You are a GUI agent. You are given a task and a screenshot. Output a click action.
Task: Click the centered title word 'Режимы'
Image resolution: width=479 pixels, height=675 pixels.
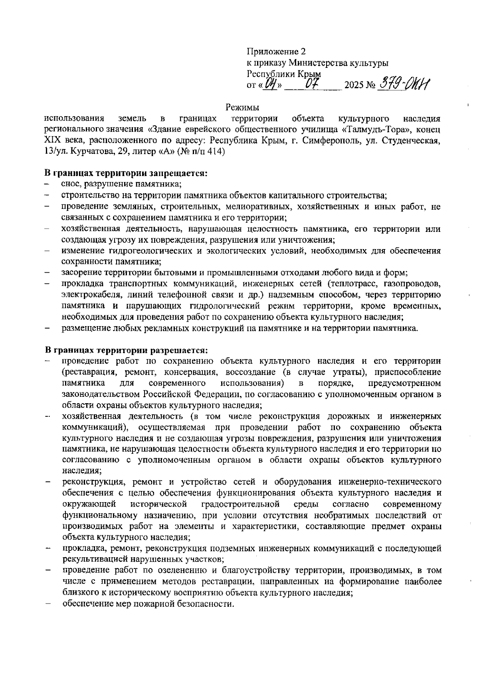pyautogui.click(x=242, y=107)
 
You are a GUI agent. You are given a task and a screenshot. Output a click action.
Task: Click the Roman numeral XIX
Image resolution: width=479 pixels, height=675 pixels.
pyautogui.click(x=52, y=141)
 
